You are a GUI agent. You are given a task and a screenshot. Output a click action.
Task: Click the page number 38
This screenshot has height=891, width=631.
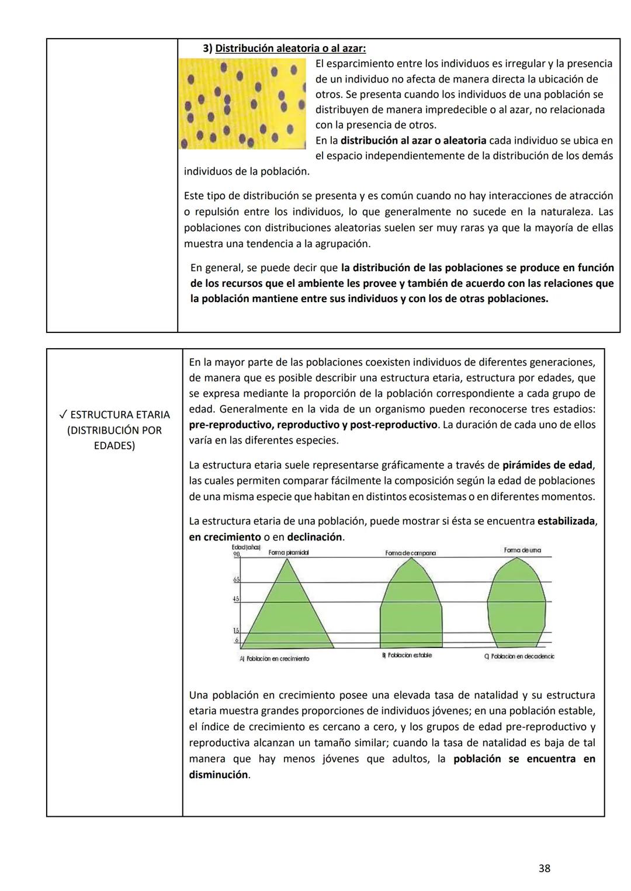(x=544, y=868)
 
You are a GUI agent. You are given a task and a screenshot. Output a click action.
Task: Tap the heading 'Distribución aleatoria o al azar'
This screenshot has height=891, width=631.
(x=290, y=48)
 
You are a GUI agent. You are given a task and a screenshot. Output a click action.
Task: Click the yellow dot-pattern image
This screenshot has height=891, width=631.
(x=242, y=104)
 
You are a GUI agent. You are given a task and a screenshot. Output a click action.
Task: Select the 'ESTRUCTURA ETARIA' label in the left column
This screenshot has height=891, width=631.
(x=120, y=415)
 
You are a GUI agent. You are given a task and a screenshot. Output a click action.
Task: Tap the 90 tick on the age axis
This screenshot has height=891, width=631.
(x=237, y=554)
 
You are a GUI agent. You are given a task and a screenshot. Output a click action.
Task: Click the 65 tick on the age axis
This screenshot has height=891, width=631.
(x=237, y=580)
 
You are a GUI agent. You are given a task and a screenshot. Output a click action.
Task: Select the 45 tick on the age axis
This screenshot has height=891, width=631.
(x=237, y=599)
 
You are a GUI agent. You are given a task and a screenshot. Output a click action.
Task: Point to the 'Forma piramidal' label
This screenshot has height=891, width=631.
(x=289, y=552)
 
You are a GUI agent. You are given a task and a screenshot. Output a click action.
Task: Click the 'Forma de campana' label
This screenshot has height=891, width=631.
(x=410, y=553)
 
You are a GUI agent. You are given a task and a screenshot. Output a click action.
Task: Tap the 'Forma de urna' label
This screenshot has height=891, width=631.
(x=522, y=550)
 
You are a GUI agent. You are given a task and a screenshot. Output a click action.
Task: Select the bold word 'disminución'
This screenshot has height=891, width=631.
(x=219, y=775)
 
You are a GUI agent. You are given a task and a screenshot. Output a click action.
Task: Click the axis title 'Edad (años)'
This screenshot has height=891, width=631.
(x=233, y=547)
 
